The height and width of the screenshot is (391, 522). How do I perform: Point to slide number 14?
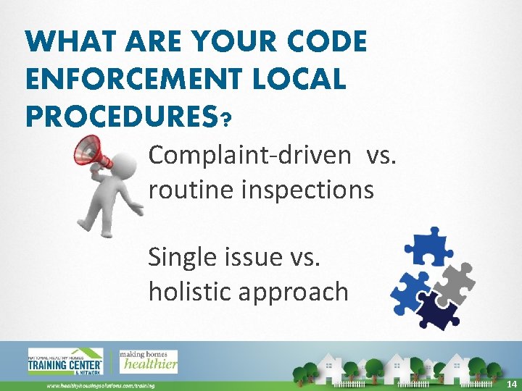pos(512,382)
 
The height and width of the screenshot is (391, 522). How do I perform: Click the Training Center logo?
pos(66,362)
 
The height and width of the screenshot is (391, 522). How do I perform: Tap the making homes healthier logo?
pos(149,361)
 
